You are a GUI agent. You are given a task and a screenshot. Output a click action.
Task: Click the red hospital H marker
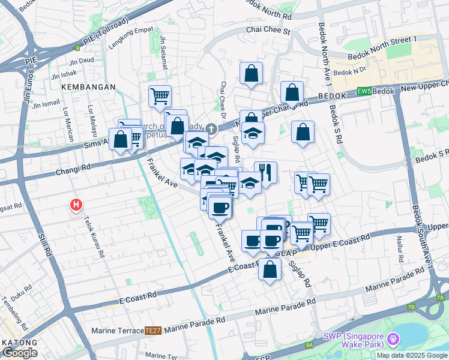tap(76, 205)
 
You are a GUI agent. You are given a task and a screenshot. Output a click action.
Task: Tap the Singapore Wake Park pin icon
tap(393, 340)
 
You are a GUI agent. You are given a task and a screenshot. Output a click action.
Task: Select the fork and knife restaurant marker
tap(265, 173)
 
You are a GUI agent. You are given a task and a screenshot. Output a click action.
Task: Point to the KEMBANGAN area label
tap(88, 87)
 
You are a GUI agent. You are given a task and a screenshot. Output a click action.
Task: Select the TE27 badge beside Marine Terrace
tap(153, 330)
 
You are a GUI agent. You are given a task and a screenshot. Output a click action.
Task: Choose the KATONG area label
tap(18, 343)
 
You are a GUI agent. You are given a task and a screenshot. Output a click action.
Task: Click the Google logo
tap(20, 353)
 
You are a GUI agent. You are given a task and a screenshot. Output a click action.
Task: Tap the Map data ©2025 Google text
tap(412, 355)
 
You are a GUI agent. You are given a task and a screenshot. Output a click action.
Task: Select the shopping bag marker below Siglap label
tap(270, 269)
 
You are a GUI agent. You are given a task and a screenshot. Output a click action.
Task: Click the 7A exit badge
tap(440, 297)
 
